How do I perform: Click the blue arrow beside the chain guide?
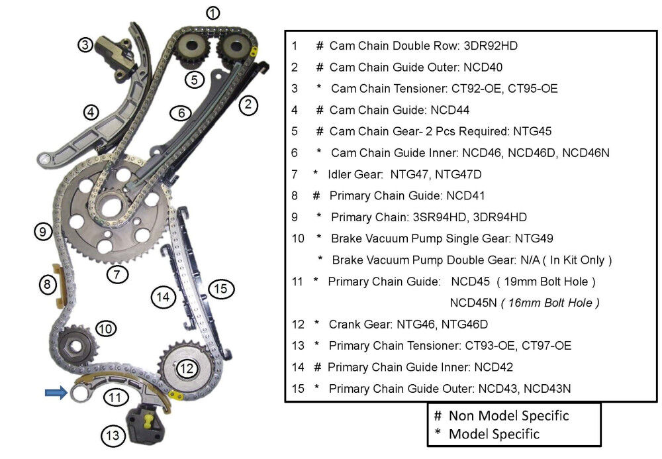point(56,393)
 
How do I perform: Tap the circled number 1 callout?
point(213,13)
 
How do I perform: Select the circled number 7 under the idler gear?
point(117,274)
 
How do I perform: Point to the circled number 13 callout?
point(113,435)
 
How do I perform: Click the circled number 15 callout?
point(221,289)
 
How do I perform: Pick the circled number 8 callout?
point(47,284)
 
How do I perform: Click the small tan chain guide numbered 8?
point(58,286)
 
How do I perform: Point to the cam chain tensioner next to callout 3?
point(114,58)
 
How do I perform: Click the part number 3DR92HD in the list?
point(491,46)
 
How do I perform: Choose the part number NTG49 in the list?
point(534,238)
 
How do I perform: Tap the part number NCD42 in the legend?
point(494,367)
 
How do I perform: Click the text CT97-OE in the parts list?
point(546,346)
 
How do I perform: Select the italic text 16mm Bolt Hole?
point(549,303)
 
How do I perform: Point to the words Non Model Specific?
point(508,415)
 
